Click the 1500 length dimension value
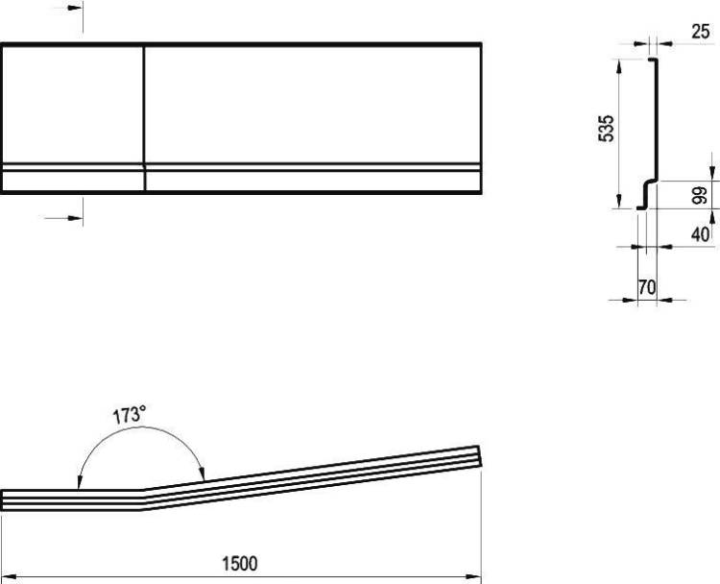pos(240,563)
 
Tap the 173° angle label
pos(130,414)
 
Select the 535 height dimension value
pos(606,128)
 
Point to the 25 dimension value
pos(700,32)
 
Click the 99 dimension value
pos(699,195)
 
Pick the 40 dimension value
pos(700,234)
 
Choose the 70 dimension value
pos(646,287)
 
